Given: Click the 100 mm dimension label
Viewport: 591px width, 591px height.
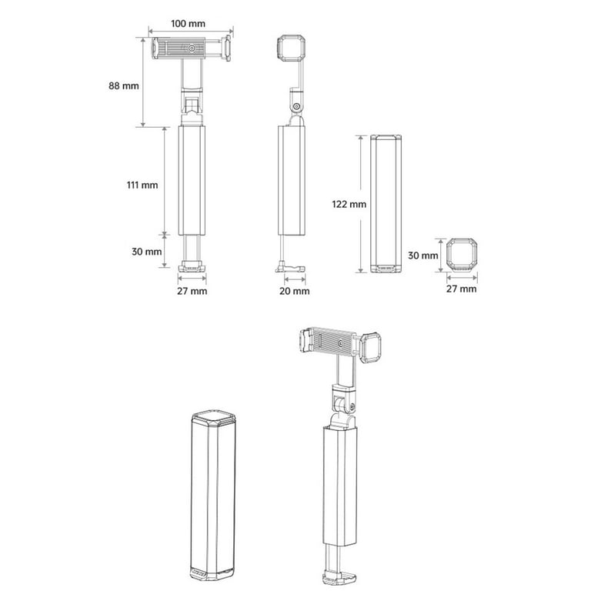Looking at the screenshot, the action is click(x=188, y=24).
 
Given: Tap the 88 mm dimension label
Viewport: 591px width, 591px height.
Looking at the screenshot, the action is click(x=124, y=86).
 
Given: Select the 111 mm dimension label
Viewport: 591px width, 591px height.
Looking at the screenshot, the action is click(x=142, y=185).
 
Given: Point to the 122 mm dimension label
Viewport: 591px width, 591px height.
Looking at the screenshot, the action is click(x=349, y=204).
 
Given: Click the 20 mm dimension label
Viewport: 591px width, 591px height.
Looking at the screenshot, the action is click(x=295, y=291).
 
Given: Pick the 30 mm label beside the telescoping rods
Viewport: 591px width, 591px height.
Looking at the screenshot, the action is click(x=147, y=252).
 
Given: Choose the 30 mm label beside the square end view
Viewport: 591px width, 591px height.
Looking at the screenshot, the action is click(x=423, y=255).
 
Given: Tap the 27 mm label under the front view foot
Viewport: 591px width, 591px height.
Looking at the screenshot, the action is click(x=192, y=291).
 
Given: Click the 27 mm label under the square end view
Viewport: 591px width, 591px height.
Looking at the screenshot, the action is click(x=462, y=289).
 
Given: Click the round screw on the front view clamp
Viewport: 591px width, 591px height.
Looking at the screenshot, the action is click(x=192, y=48).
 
